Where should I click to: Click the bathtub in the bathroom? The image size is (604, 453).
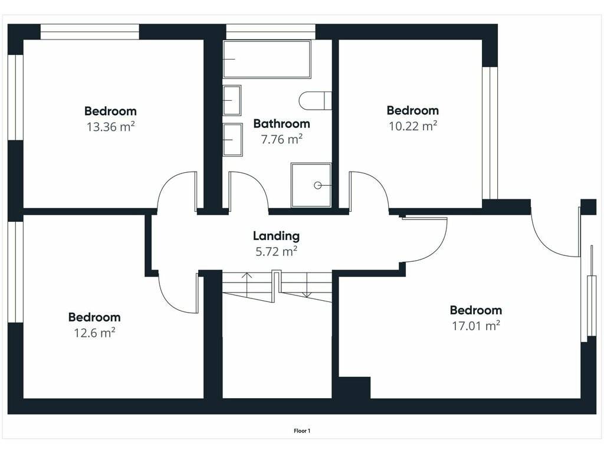(267, 60)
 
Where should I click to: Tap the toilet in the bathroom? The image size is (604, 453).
(315, 101)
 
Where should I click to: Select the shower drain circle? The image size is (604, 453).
(317, 185)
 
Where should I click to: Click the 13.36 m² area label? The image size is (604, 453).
(110, 126)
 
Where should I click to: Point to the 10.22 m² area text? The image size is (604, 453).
(413, 126)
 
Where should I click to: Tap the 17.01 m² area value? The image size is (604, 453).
(476, 326)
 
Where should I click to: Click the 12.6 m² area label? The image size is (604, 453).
(94, 333)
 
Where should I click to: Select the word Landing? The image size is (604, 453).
(276, 236)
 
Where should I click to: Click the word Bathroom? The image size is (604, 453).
(281, 124)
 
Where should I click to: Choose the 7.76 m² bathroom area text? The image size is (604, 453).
(281, 139)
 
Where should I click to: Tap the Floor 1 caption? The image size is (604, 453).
(302, 431)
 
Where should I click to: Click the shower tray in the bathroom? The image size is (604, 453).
(311, 185)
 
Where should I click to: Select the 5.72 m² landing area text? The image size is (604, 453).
(276, 251)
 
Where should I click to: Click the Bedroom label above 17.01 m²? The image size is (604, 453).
(476, 310)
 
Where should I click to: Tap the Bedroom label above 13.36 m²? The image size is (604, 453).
(110, 111)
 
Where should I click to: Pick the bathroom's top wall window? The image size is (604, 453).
(270, 32)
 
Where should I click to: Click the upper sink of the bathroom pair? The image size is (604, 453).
(232, 100)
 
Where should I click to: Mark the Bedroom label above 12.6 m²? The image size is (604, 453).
(94, 317)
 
